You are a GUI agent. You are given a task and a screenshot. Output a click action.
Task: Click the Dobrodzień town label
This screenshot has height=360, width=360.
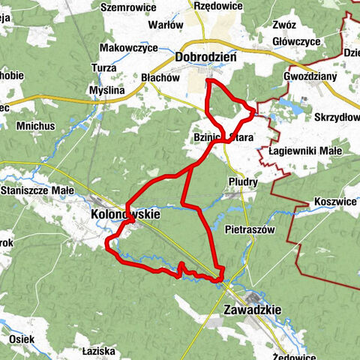coord(205,57)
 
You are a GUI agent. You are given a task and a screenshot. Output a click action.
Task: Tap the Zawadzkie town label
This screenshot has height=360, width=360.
coord(252,309)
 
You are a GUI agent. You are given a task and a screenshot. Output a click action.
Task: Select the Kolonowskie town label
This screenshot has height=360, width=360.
coord(125,214)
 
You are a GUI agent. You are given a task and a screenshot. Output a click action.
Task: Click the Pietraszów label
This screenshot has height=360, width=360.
coord(250,228)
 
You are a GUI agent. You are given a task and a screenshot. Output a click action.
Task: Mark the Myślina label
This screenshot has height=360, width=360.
coord(105,90)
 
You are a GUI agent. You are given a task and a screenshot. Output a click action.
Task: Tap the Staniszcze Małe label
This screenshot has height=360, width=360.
coord(37,191)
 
